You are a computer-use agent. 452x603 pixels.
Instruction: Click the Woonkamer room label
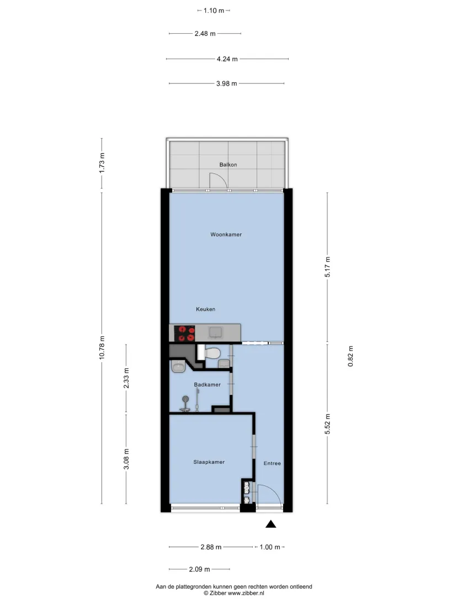226,234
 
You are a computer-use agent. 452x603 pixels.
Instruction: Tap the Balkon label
228,165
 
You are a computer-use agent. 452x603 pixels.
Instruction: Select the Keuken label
206,309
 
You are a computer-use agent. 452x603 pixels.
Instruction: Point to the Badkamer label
207,384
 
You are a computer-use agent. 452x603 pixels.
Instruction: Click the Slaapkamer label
209,462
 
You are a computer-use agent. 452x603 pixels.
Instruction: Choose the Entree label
272,463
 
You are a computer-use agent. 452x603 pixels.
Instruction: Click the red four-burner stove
184,334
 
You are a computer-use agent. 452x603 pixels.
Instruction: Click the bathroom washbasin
178,367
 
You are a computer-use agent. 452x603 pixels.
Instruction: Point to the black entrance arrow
271,524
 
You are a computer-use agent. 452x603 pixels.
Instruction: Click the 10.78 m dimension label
102,348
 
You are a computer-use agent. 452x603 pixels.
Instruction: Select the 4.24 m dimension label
227,59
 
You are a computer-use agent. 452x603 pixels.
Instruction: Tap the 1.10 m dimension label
214,10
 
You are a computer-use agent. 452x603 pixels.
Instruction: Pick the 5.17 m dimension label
327,267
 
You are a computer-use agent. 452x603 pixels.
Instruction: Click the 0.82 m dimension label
350,356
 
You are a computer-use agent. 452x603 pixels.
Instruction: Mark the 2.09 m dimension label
199,569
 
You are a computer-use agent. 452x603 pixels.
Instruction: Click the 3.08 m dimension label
126,459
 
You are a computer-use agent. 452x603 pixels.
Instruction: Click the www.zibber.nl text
246,593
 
